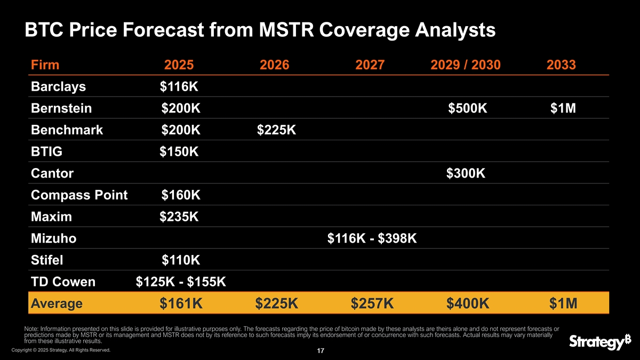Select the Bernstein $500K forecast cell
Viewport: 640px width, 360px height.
coord(467,108)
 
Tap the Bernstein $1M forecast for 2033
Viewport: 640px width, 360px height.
coord(563,108)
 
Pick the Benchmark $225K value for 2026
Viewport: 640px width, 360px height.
coord(276,130)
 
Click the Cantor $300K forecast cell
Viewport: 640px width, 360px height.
coord(466,173)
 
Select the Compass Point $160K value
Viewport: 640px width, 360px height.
coord(181,195)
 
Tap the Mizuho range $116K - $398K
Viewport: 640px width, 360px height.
coord(372,239)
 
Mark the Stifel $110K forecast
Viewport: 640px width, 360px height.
coord(181,261)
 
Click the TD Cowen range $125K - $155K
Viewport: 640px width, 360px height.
coord(181,282)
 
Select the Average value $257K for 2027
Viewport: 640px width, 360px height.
coord(372,303)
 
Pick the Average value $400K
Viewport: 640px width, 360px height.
coord(467,303)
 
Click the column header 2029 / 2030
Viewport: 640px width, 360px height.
coord(465,65)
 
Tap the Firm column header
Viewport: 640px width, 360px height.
coord(45,65)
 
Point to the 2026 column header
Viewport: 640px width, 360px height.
coord(274,65)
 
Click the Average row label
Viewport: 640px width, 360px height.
coord(57,303)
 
